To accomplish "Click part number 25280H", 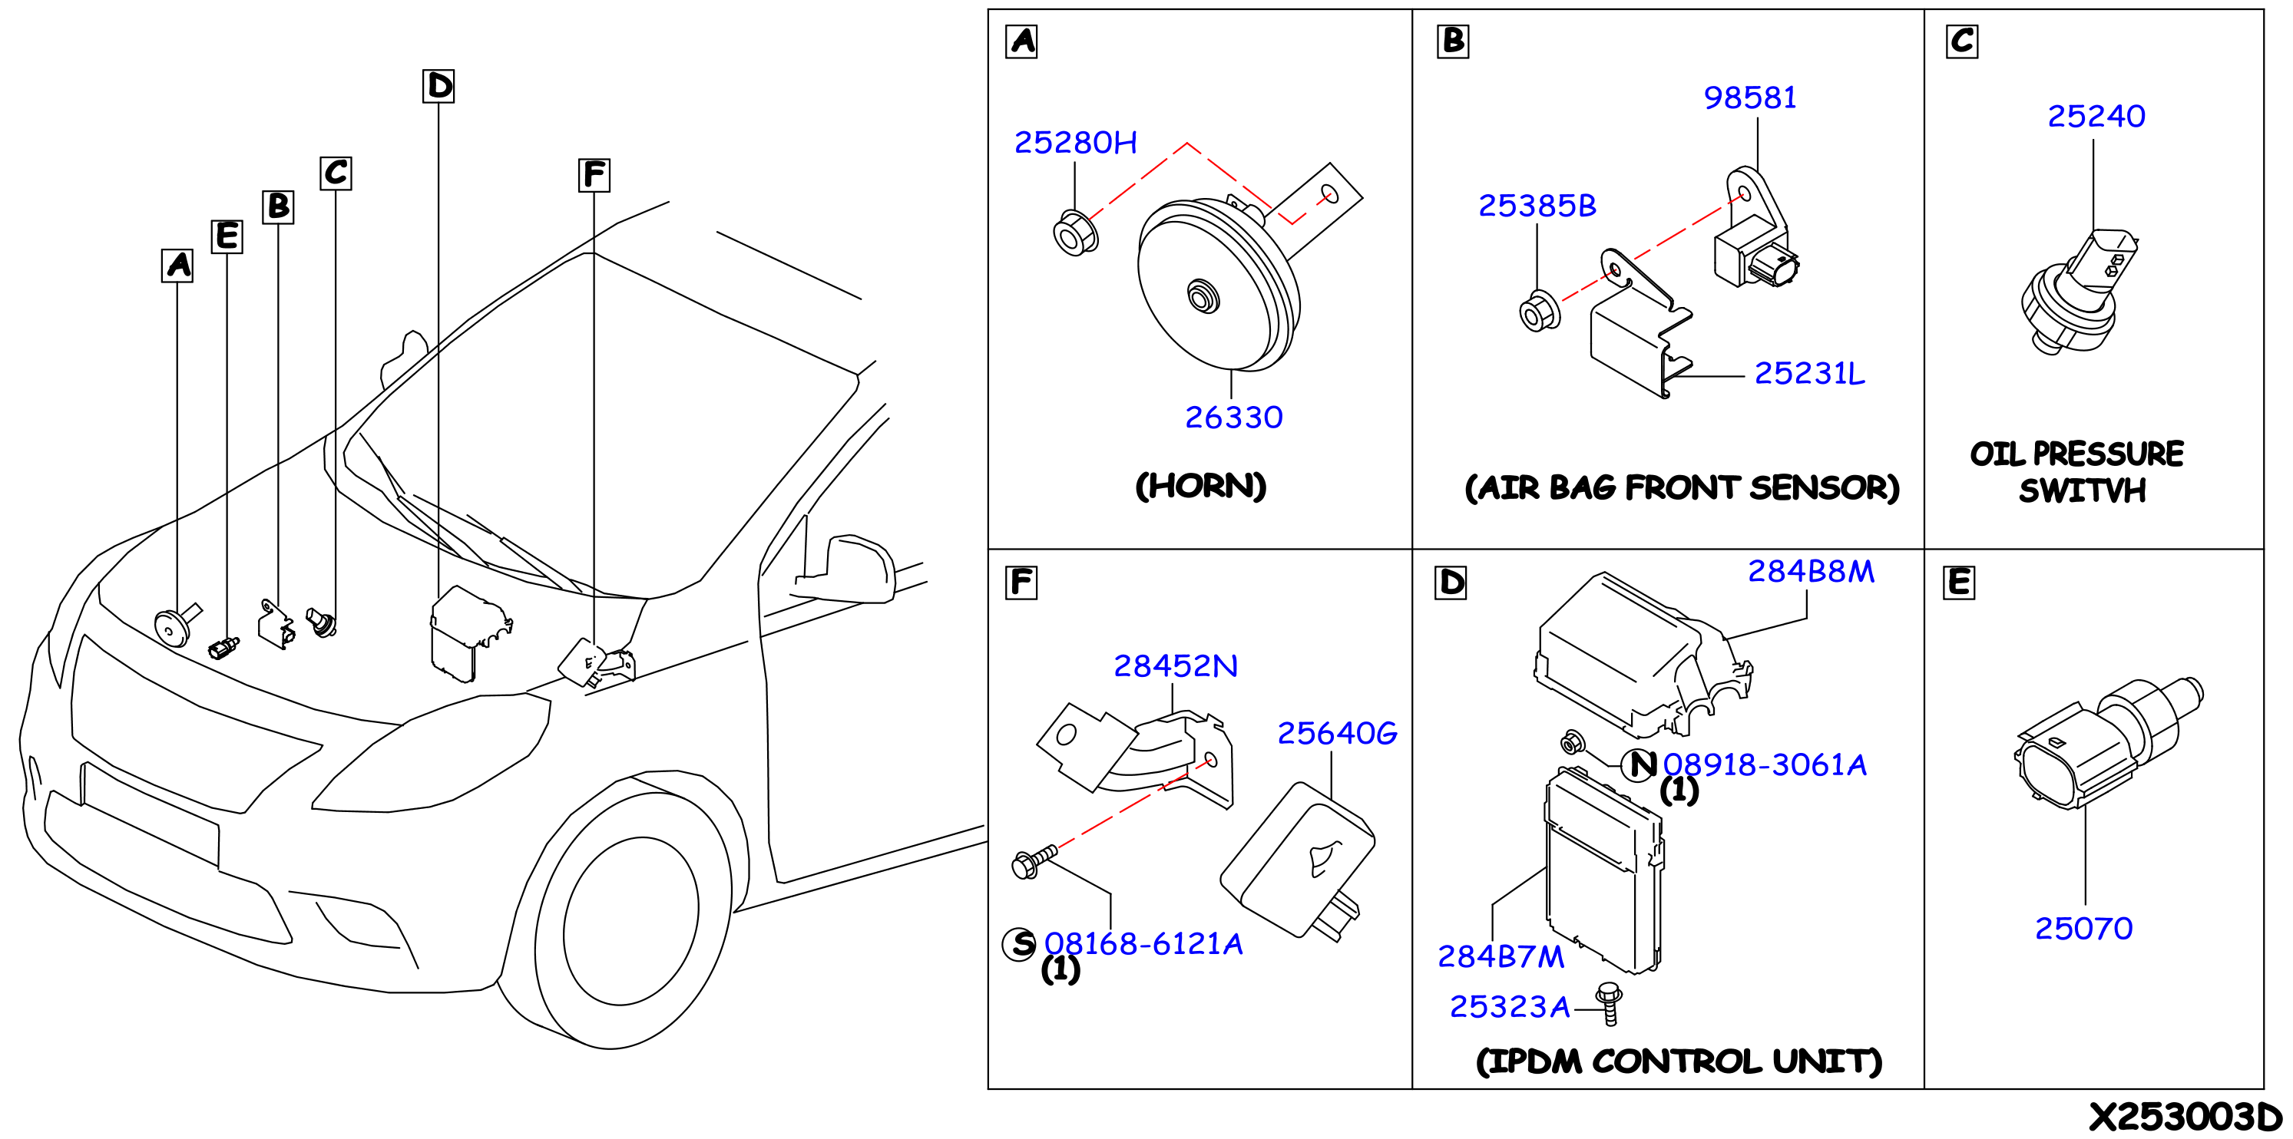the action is pyautogui.click(x=1075, y=143).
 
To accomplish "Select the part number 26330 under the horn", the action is pyautogui.click(x=1234, y=418).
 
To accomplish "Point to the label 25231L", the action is pyautogui.click(x=1808, y=374).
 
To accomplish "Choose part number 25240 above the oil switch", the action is pyautogui.click(x=2096, y=117).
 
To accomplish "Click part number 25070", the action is pyautogui.click(x=2084, y=929).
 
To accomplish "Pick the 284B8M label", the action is pyautogui.click(x=1811, y=571).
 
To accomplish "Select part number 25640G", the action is pyautogui.click(x=1337, y=733).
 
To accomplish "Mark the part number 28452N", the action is pyautogui.click(x=1176, y=666).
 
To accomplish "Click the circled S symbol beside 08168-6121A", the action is pyautogui.click(x=1020, y=944).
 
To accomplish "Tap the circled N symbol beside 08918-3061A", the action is pyautogui.click(x=1639, y=764).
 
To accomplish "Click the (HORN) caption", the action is pyautogui.click(x=1201, y=486).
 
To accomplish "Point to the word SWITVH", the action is pyautogui.click(x=2082, y=490).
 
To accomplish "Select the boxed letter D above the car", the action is pyautogui.click(x=438, y=86).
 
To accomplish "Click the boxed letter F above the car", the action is pyautogui.click(x=594, y=175).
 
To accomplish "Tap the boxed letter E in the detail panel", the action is pyautogui.click(x=1958, y=583).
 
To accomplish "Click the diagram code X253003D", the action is pyautogui.click(x=2185, y=1117).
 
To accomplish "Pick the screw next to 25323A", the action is pyautogui.click(x=1610, y=1005).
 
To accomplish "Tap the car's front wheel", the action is pyautogui.click(x=631, y=921).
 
